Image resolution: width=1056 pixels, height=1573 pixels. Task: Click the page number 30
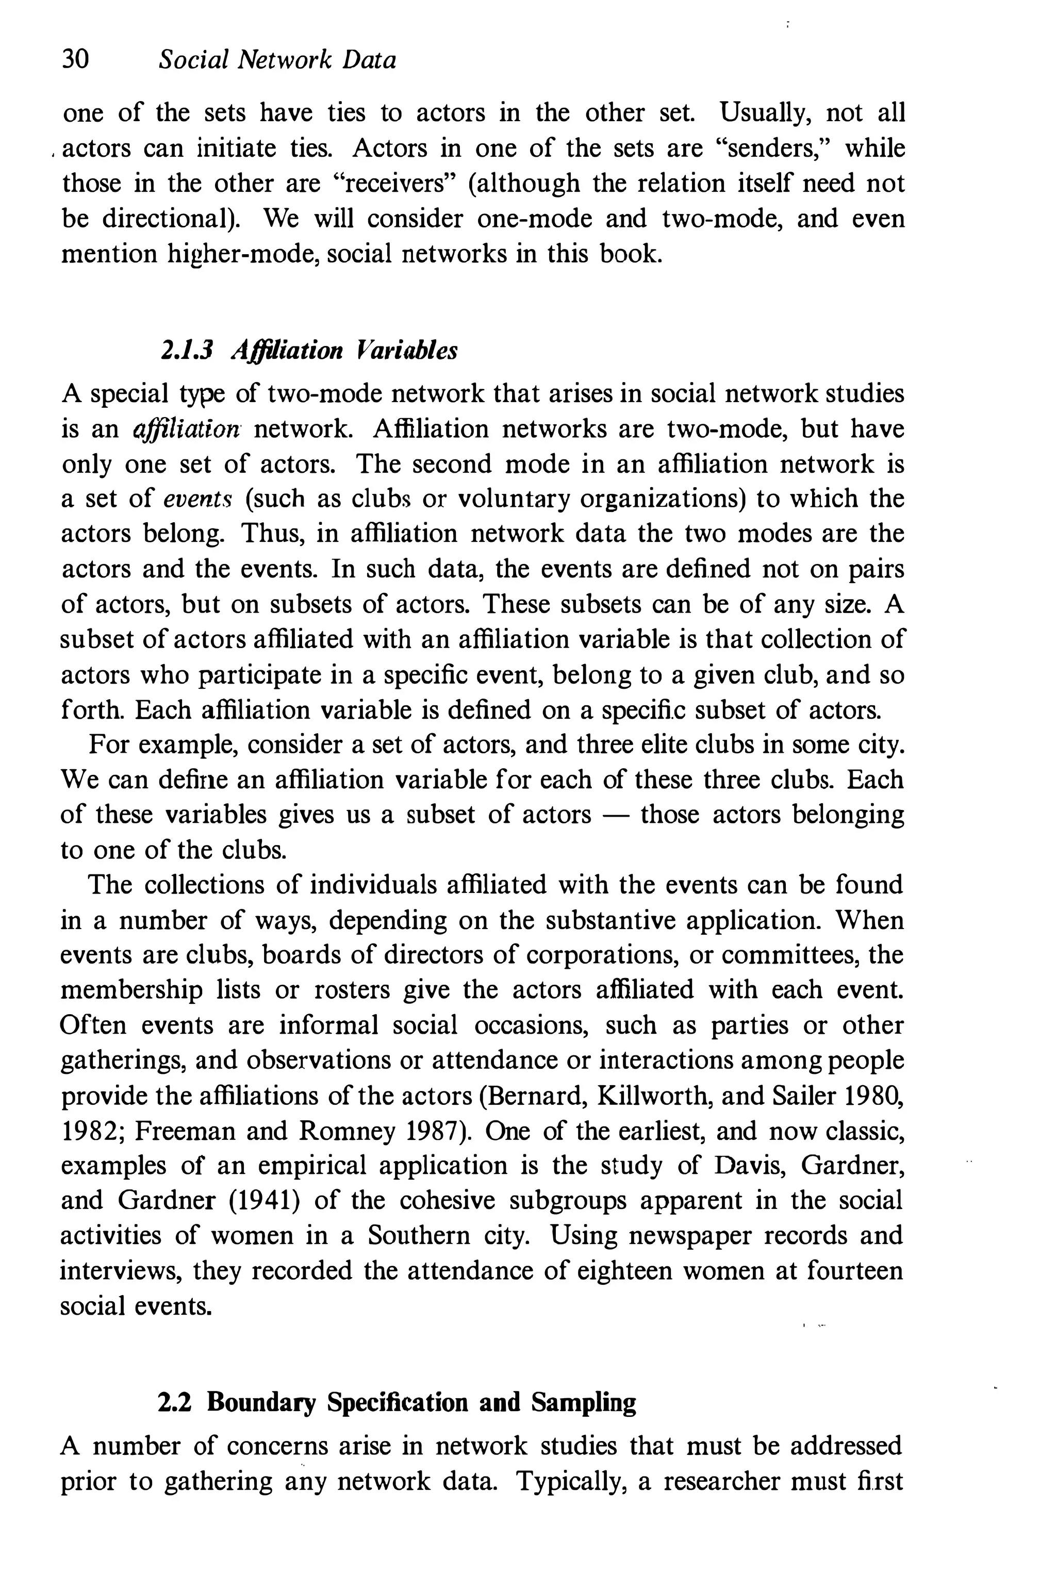pos(75,61)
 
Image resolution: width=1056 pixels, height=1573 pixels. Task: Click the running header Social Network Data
pos(277,61)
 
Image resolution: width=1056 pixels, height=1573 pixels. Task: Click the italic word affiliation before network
pos(187,429)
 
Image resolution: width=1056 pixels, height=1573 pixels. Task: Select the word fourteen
pos(854,1271)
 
